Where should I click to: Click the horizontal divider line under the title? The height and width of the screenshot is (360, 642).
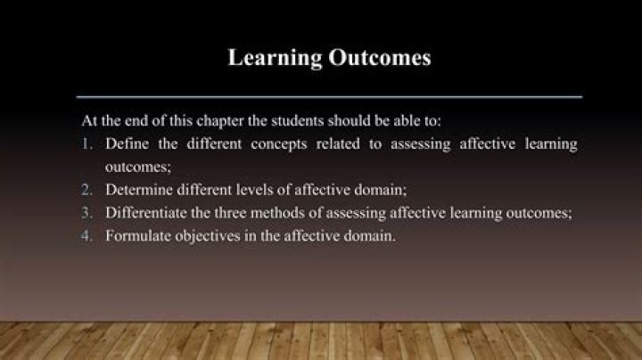pyautogui.click(x=329, y=95)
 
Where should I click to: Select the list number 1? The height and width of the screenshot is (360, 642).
pyautogui.click(x=87, y=143)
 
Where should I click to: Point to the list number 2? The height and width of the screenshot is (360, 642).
pyautogui.click(x=87, y=190)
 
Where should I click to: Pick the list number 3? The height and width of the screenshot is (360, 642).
pyautogui.click(x=87, y=213)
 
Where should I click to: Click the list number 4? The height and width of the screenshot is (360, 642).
pyautogui.click(x=87, y=236)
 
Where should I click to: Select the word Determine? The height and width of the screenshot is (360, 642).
pyautogui.click(x=138, y=190)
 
